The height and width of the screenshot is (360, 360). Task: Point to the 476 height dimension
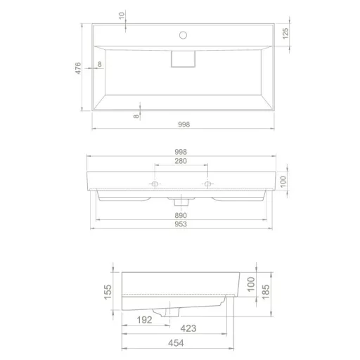[79, 67]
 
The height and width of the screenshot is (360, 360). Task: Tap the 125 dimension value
[285, 34]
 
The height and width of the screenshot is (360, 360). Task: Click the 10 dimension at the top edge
[122, 15]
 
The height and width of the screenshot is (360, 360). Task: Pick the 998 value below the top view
[183, 124]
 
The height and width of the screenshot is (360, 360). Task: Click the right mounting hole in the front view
[208, 184]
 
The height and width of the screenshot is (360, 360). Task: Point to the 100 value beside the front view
[283, 182]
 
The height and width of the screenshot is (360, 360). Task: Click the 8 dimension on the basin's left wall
[100, 65]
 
